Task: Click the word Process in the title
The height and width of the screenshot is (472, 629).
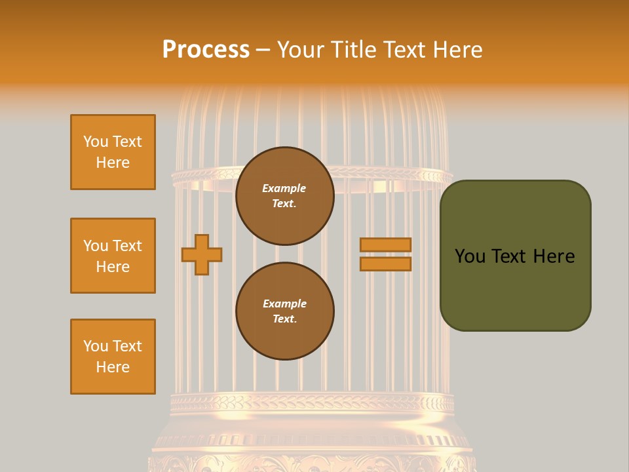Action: pyautogui.click(x=206, y=50)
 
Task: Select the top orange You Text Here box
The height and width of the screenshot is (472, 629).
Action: pyautogui.click(x=113, y=152)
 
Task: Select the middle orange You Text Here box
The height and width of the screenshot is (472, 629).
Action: pyautogui.click(x=113, y=256)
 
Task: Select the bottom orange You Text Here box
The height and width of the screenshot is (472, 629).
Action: pyautogui.click(x=113, y=357)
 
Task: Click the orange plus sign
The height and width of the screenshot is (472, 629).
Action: pyautogui.click(x=202, y=254)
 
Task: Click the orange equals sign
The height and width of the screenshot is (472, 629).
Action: pyautogui.click(x=385, y=254)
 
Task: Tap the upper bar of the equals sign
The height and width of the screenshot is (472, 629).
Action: pyautogui.click(x=385, y=245)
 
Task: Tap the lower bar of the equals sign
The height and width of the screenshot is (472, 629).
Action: pyautogui.click(x=385, y=264)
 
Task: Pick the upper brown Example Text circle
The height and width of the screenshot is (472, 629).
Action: pyautogui.click(x=284, y=196)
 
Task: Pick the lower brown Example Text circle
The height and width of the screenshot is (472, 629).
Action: pyautogui.click(x=284, y=311)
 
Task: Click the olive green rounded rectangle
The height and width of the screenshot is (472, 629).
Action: pyautogui.click(x=515, y=256)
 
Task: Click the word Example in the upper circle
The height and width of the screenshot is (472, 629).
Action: pyautogui.click(x=284, y=188)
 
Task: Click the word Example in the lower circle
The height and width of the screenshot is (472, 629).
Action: pyautogui.click(x=284, y=304)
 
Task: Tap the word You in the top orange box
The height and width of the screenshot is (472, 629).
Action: pyautogui.click(x=95, y=142)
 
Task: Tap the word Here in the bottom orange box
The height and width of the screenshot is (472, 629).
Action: pyautogui.click(x=113, y=367)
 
